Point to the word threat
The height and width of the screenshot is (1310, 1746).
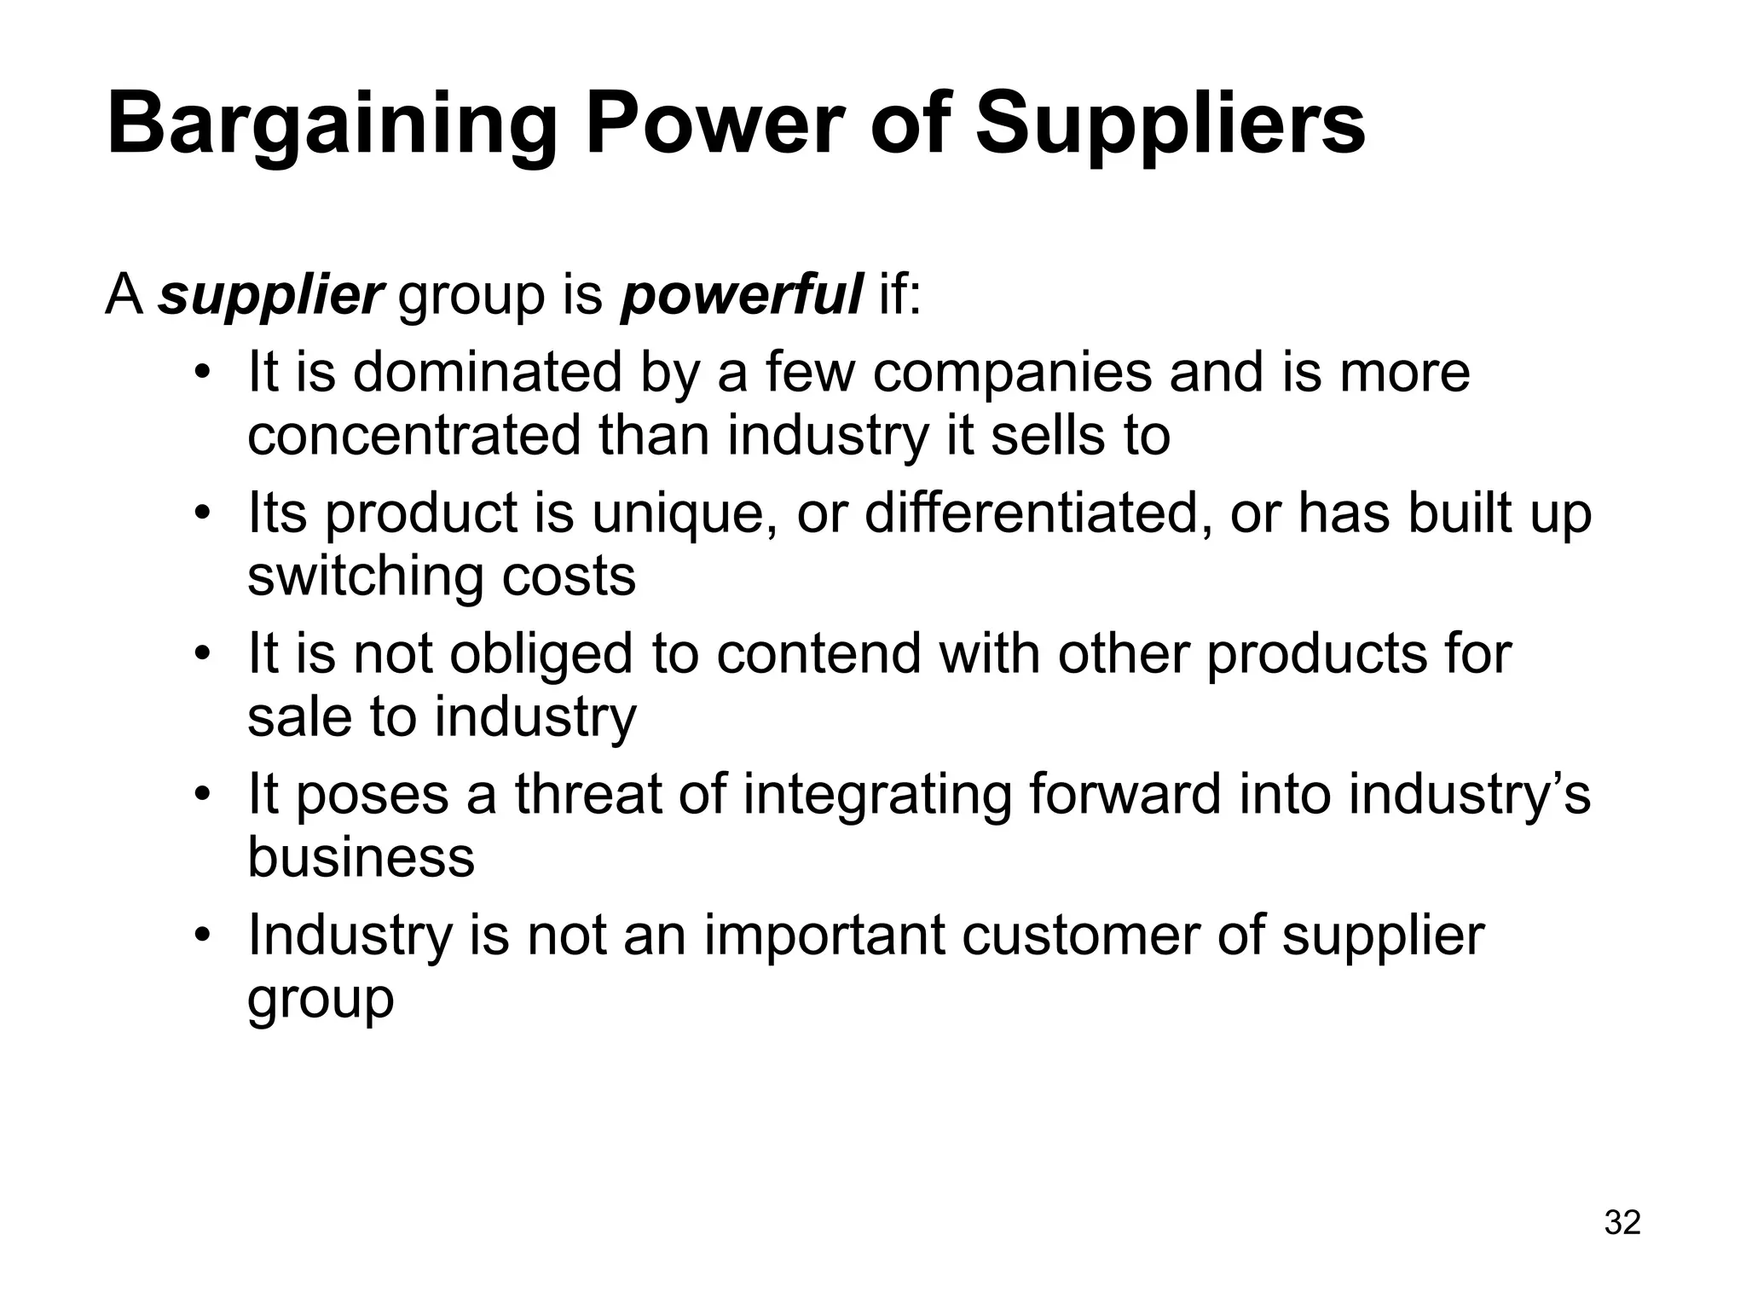pyautogui.click(x=589, y=794)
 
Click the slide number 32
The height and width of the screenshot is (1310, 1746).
pyautogui.click(x=1622, y=1223)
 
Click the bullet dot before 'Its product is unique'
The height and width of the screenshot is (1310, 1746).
pyautogui.click(x=201, y=514)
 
